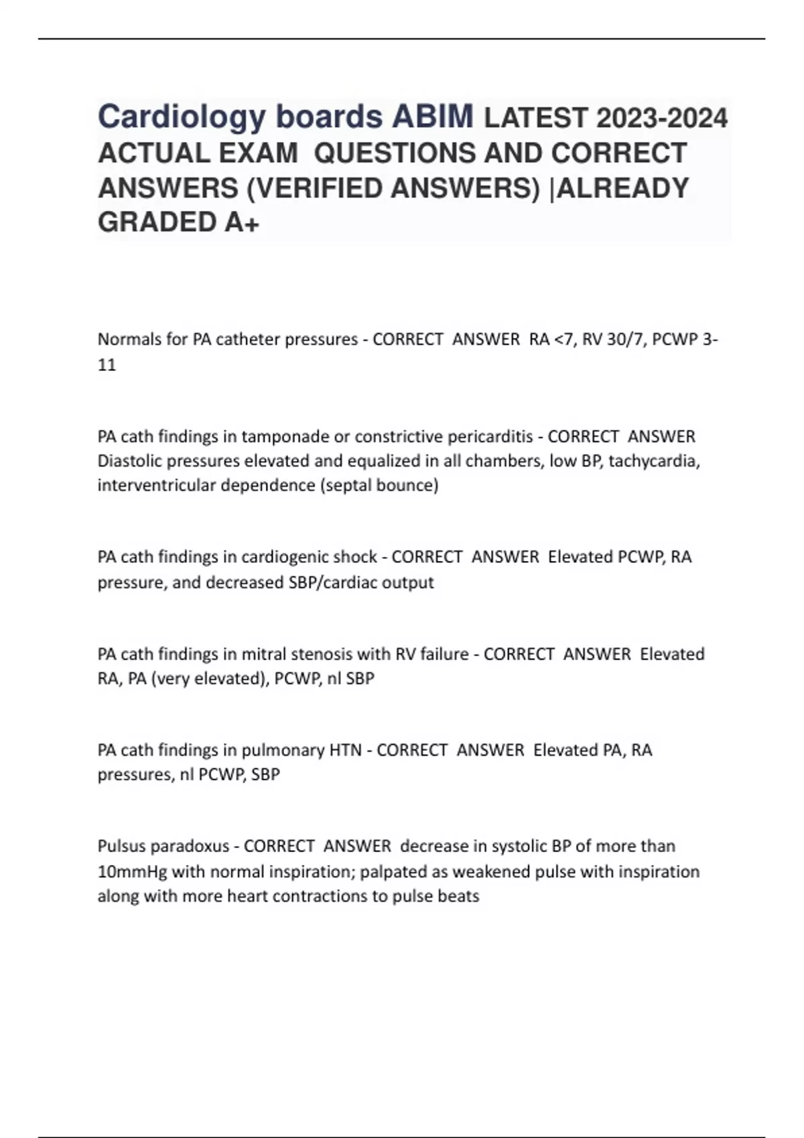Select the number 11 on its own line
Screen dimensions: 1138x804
pyautogui.click(x=107, y=365)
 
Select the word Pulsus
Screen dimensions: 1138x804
pyautogui.click(x=121, y=846)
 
